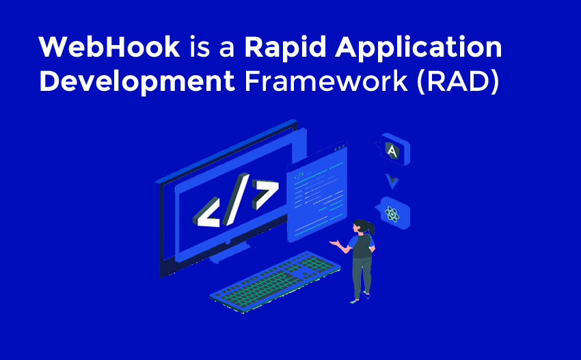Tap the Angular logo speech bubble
click(x=392, y=150)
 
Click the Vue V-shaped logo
click(x=392, y=181)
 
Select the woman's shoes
click(x=360, y=297)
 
